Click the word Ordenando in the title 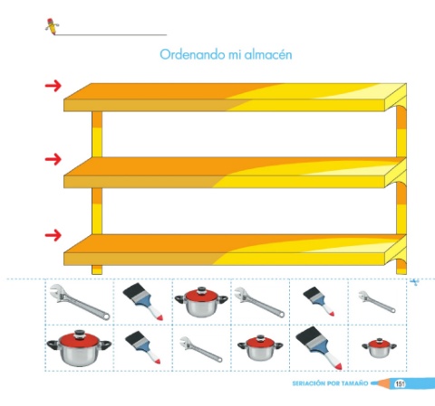tap(192, 54)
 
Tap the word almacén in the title tap(268, 54)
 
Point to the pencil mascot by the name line tap(52, 26)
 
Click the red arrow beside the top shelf tap(53, 86)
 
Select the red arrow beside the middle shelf tap(53, 159)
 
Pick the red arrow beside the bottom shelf tap(53, 235)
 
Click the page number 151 tap(400, 383)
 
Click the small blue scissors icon tap(414, 282)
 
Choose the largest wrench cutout tap(80, 302)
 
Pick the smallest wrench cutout tap(377, 301)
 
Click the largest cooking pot tap(79, 348)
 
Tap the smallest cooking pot tap(379, 347)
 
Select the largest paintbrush tap(319, 347)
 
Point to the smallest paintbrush tap(319, 301)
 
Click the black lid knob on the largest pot tap(80, 333)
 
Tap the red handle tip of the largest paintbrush tap(338, 365)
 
